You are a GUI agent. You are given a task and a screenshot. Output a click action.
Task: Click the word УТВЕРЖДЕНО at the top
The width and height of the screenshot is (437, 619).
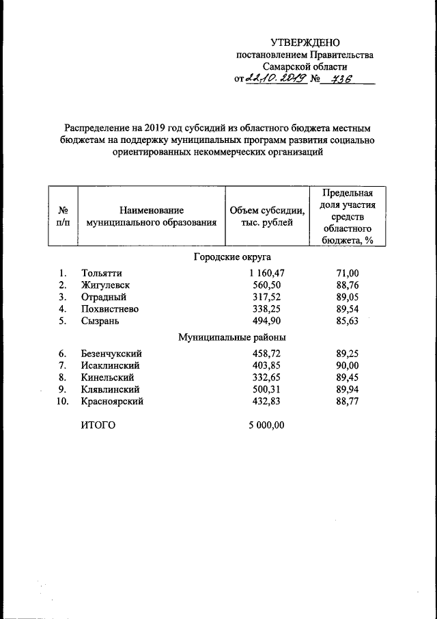click(x=305, y=43)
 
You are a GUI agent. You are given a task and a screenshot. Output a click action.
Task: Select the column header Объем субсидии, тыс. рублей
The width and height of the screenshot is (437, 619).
click(x=267, y=216)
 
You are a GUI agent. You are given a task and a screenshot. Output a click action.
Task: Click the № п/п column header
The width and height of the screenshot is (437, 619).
click(x=63, y=216)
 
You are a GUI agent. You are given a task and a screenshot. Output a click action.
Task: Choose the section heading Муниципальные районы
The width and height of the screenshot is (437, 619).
click(x=232, y=337)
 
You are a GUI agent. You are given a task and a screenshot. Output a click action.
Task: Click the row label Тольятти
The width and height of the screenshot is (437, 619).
click(x=101, y=274)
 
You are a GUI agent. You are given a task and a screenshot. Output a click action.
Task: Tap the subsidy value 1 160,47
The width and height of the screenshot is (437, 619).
click(x=266, y=274)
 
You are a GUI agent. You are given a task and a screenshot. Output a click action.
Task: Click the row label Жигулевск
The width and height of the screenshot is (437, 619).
click(x=105, y=285)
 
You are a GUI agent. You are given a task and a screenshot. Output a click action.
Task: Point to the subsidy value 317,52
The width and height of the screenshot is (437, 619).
click(x=268, y=298)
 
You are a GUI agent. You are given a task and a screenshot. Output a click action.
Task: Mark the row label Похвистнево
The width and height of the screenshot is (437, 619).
click(x=110, y=309)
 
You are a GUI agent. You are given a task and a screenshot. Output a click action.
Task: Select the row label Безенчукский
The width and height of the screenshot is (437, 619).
click(x=111, y=354)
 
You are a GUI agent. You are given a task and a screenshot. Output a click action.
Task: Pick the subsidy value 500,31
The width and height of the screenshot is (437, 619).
click(x=268, y=390)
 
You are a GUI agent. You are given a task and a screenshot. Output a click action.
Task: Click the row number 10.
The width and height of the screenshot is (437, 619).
click(x=62, y=401)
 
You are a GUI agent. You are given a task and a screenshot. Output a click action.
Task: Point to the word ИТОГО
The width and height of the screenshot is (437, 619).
click(x=98, y=425)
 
